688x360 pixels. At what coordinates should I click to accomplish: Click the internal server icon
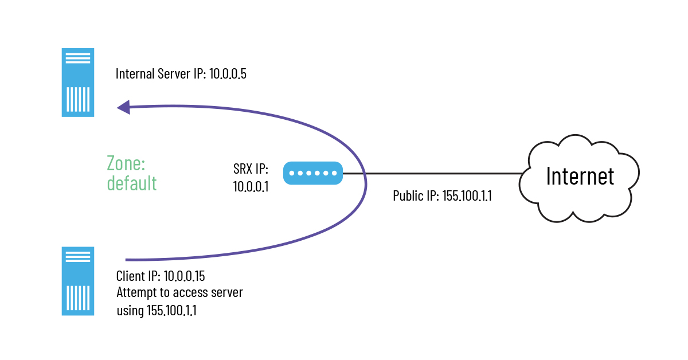[77, 83]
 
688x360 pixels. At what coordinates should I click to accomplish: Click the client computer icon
[77, 281]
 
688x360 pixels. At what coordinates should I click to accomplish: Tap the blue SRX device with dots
[313, 173]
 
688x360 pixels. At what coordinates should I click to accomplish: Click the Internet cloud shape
[579, 178]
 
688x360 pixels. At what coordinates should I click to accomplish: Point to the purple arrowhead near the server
[123, 107]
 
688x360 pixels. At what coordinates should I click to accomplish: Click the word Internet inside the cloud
[580, 176]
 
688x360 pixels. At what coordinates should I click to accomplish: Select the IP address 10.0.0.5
[228, 75]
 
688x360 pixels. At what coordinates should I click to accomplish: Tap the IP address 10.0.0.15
[185, 276]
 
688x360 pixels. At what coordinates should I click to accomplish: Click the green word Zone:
[127, 164]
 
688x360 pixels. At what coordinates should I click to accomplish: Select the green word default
[132, 183]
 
